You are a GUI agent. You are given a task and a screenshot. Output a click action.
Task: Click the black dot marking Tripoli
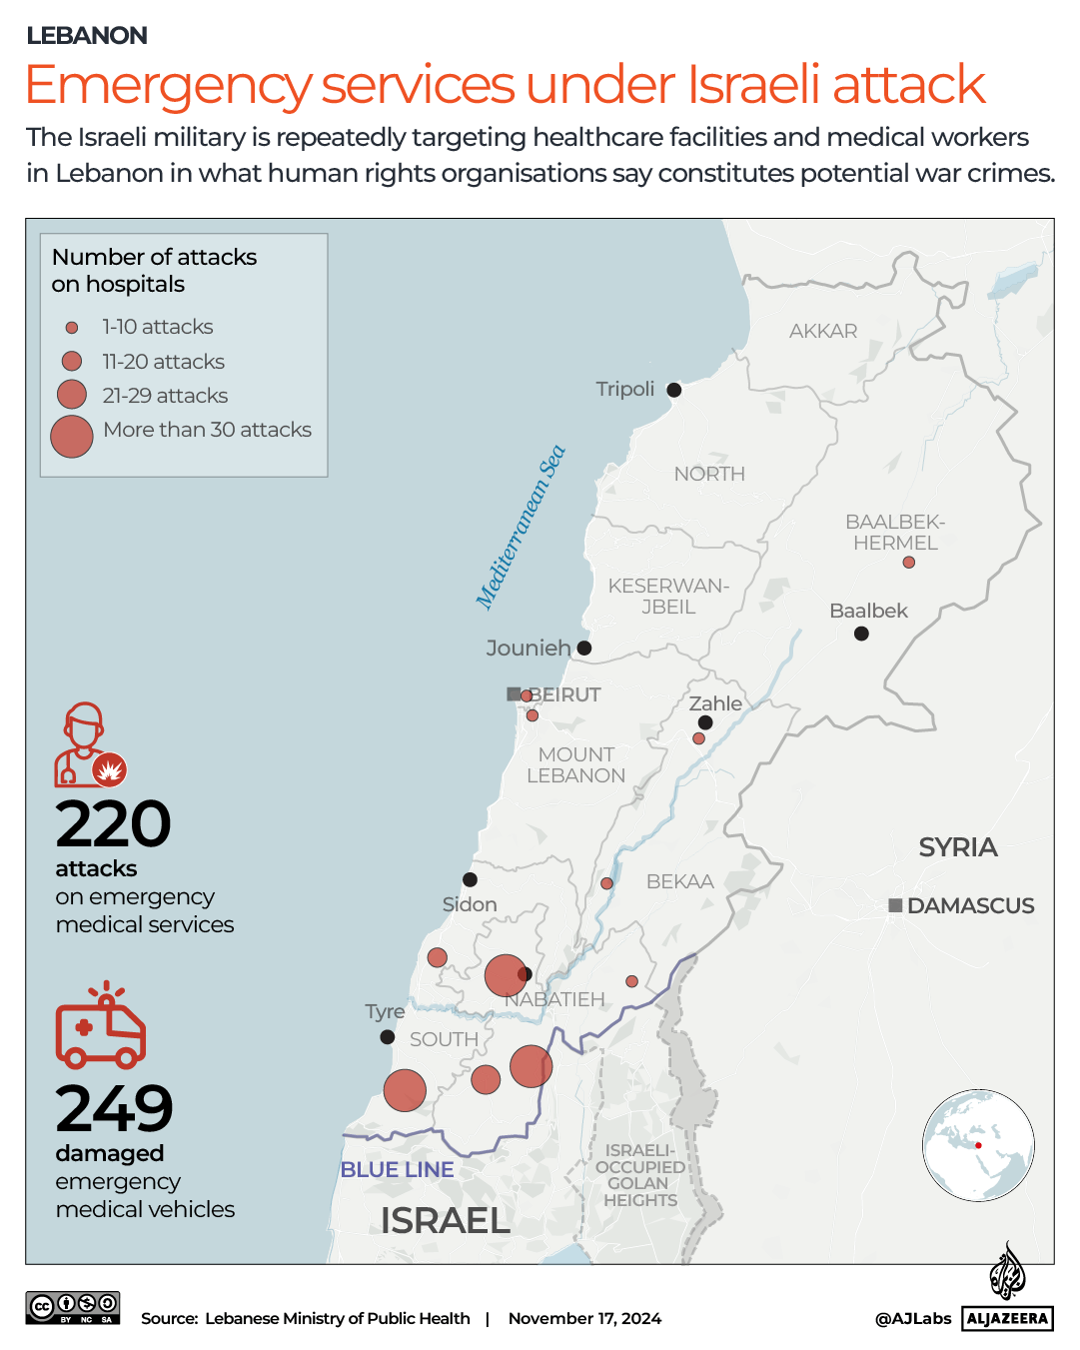[x=674, y=390]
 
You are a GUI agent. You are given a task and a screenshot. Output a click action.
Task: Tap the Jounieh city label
[x=528, y=649]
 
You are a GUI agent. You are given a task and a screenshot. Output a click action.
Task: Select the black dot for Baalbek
[x=861, y=634]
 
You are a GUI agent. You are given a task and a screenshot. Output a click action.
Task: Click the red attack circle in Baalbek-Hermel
[x=908, y=563]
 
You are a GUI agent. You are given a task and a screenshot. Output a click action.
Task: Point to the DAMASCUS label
[x=970, y=905]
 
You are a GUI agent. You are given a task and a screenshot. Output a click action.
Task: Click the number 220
[x=113, y=824]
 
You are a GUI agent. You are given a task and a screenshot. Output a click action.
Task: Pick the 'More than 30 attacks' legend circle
[x=72, y=437]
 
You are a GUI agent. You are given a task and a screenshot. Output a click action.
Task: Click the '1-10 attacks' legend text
[x=158, y=327]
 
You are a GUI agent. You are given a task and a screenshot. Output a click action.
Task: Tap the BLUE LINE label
[x=397, y=1169]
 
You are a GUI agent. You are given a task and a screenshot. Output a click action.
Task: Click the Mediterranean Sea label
[x=521, y=527]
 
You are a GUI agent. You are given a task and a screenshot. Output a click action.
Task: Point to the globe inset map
[x=978, y=1145]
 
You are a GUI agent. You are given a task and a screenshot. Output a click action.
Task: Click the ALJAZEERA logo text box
[x=1007, y=1318]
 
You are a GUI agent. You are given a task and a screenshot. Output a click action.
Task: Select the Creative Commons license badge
[x=73, y=1307]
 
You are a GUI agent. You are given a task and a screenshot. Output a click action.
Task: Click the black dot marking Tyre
[x=388, y=1037]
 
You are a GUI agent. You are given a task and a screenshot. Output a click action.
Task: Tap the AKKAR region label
[x=822, y=331]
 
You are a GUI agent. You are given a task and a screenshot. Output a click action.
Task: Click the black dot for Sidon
[x=470, y=879]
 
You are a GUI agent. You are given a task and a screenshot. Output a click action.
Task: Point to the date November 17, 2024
[x=584, y=1318]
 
